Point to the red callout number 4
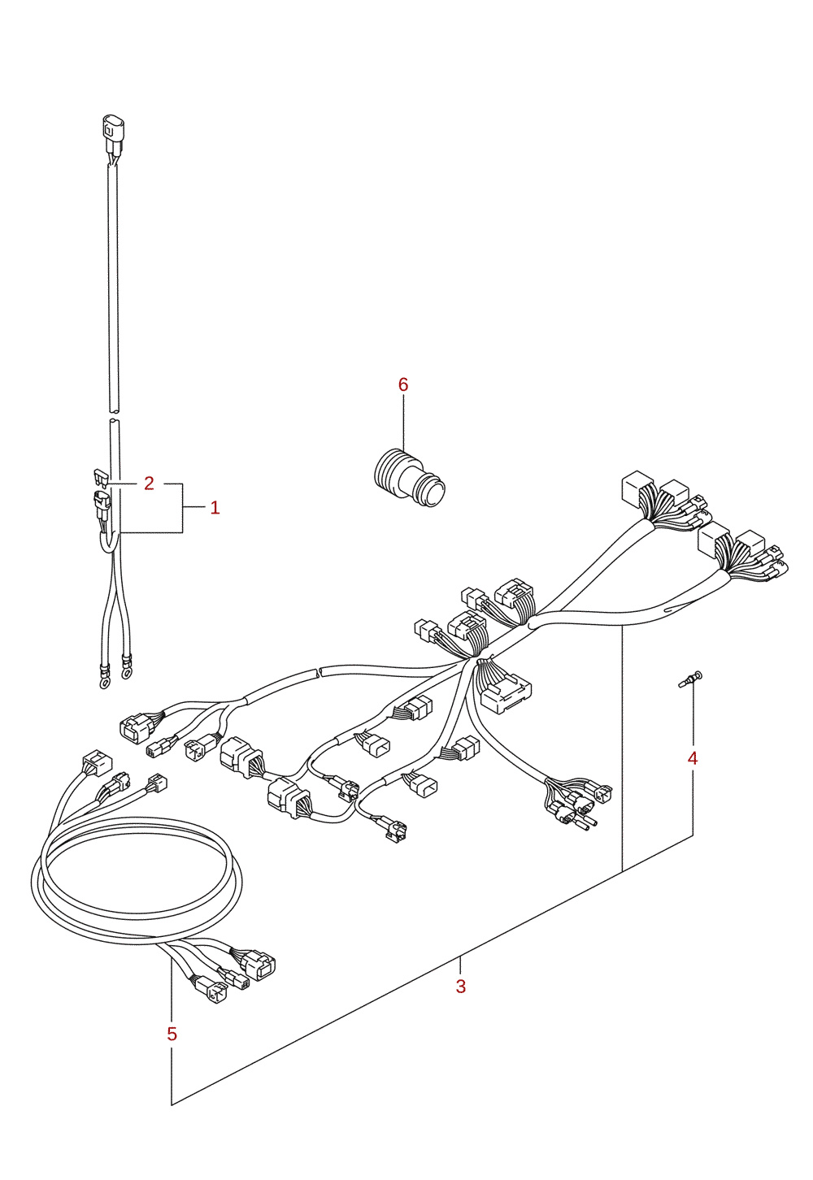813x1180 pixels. click(693, 758)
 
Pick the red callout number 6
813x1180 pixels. click(403, 384)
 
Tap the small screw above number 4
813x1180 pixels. click(689, 679)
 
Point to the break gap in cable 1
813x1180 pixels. click(114, 415)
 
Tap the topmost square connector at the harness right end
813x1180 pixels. click(637, 488)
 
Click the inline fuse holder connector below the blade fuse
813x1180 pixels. click(101, 503)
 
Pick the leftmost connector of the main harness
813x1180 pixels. click(136, 728)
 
